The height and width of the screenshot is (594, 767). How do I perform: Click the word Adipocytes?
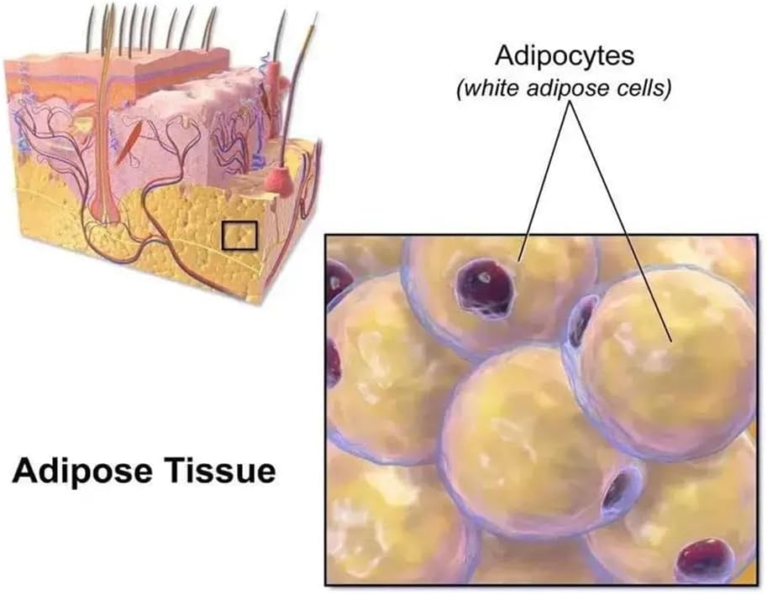click(x=565, y=57)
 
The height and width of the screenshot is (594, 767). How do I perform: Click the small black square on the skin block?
click(x=239, y=236)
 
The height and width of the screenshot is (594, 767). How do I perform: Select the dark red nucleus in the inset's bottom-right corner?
click(x=704, y=558)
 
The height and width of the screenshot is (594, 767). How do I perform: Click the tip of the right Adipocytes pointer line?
click(x=670, y=341)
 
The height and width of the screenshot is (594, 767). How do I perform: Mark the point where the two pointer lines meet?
click(x=569, y=102)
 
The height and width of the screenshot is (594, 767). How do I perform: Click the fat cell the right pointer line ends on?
click(x=665, y=362)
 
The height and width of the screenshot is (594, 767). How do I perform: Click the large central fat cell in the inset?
click(x=540, y=440)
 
